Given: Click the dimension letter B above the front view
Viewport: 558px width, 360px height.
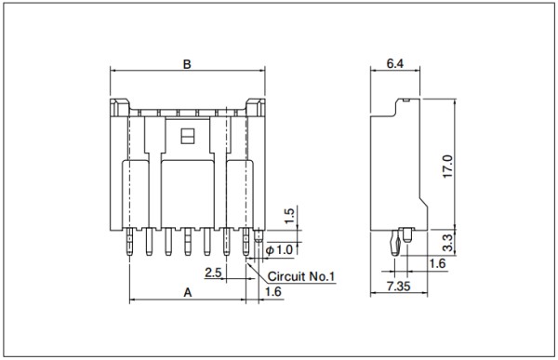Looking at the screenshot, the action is [x=187, y=64].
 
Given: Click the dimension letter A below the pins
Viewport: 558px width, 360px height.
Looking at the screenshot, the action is [x=188, y=292].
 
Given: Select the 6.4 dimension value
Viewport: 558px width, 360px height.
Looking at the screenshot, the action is [x=395, y=64].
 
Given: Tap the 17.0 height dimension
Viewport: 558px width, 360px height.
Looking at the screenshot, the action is [x=447, y=167].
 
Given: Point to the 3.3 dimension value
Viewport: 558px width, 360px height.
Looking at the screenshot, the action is [x=448, y=243].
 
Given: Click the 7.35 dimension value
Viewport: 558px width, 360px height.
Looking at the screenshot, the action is [x=399, y=286].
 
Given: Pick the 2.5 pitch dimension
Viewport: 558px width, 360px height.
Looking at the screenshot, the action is [x=213, y=273].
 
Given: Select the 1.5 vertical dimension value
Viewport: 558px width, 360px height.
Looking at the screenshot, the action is [x=289, y=216].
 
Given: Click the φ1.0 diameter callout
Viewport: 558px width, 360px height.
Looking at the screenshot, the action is [x=279, y=250].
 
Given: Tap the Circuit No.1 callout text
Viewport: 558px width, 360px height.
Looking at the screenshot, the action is [x=301, y=276].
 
